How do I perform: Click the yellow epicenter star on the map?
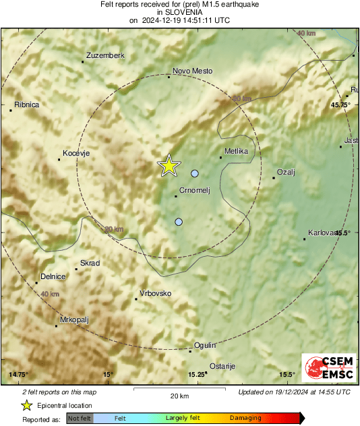coord(169,165)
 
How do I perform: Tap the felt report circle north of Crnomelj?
coord(195,174)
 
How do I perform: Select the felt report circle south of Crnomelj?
coord(179,222)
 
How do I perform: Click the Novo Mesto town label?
coord(192,71)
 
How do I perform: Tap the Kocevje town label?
coord(76,154)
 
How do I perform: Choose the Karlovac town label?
coord(321,233)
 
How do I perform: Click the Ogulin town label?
coord(205,345)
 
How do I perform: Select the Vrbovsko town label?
coord(155,293)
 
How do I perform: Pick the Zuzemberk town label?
coord(107,55)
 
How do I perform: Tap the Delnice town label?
coord(53,276)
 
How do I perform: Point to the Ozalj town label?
coord(287,172)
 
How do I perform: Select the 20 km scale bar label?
coord(179,396)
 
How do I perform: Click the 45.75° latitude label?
coord(340,105)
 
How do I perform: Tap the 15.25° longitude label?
coord(197,374)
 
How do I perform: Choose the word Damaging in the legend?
coord(245,419)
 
